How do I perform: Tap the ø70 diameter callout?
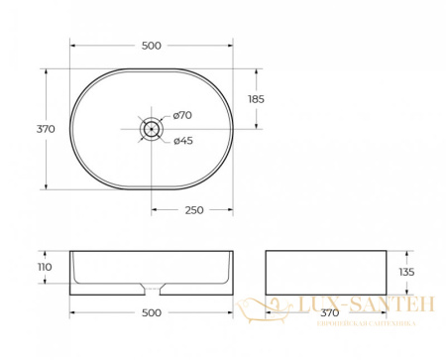[x=182, y=116]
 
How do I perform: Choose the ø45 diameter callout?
[x=182, y=140]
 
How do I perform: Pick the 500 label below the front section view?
[x=151, y=312]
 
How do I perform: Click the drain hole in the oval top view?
[x=151, y=128]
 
